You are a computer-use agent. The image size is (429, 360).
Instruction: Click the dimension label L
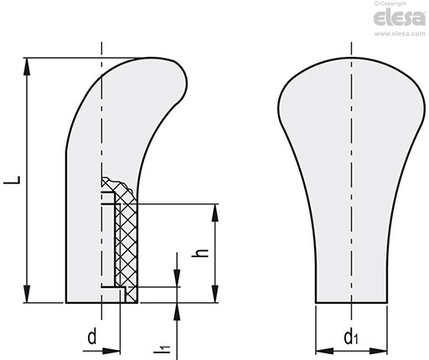click(12, 180)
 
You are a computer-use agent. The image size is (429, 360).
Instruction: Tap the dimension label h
click(200, 253)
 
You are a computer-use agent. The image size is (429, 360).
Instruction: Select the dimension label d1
click(350, 337)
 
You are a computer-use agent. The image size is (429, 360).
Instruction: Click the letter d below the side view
click(92, 337)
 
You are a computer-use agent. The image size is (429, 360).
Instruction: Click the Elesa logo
click(399, 18)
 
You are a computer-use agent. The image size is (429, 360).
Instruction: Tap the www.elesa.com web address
click(400, 33)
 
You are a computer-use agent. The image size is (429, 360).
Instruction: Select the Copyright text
click(390, 3)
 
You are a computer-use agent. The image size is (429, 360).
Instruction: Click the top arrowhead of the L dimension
click(27, 66)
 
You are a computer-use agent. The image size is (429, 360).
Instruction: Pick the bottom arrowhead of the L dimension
click(27, 294)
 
